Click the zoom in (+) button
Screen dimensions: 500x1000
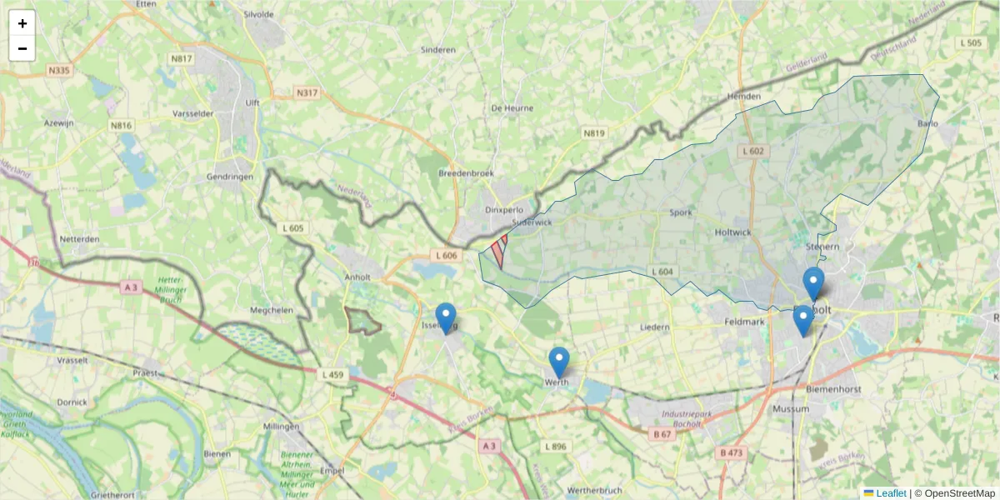(x=22, y=23)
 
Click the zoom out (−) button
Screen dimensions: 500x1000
(x=22, y=48)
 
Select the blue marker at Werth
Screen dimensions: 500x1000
(x=559, y=362)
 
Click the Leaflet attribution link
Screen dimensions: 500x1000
(x=890, y=493)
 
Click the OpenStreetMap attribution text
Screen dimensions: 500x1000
(x=957, y=493)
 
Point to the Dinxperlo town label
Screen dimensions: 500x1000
(x=503, y=210)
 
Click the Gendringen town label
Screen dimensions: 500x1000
(x=229, y=177)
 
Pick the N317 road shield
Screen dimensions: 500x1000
(x=307, y=92)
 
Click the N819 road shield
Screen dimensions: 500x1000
(x=593, y=132)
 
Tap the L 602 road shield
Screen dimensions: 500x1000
(x=752, y=151)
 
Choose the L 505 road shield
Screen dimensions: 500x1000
(x=972, y=42)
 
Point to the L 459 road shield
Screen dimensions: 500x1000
(x=332, y=375)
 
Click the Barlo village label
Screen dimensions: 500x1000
(x=927, y=124)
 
